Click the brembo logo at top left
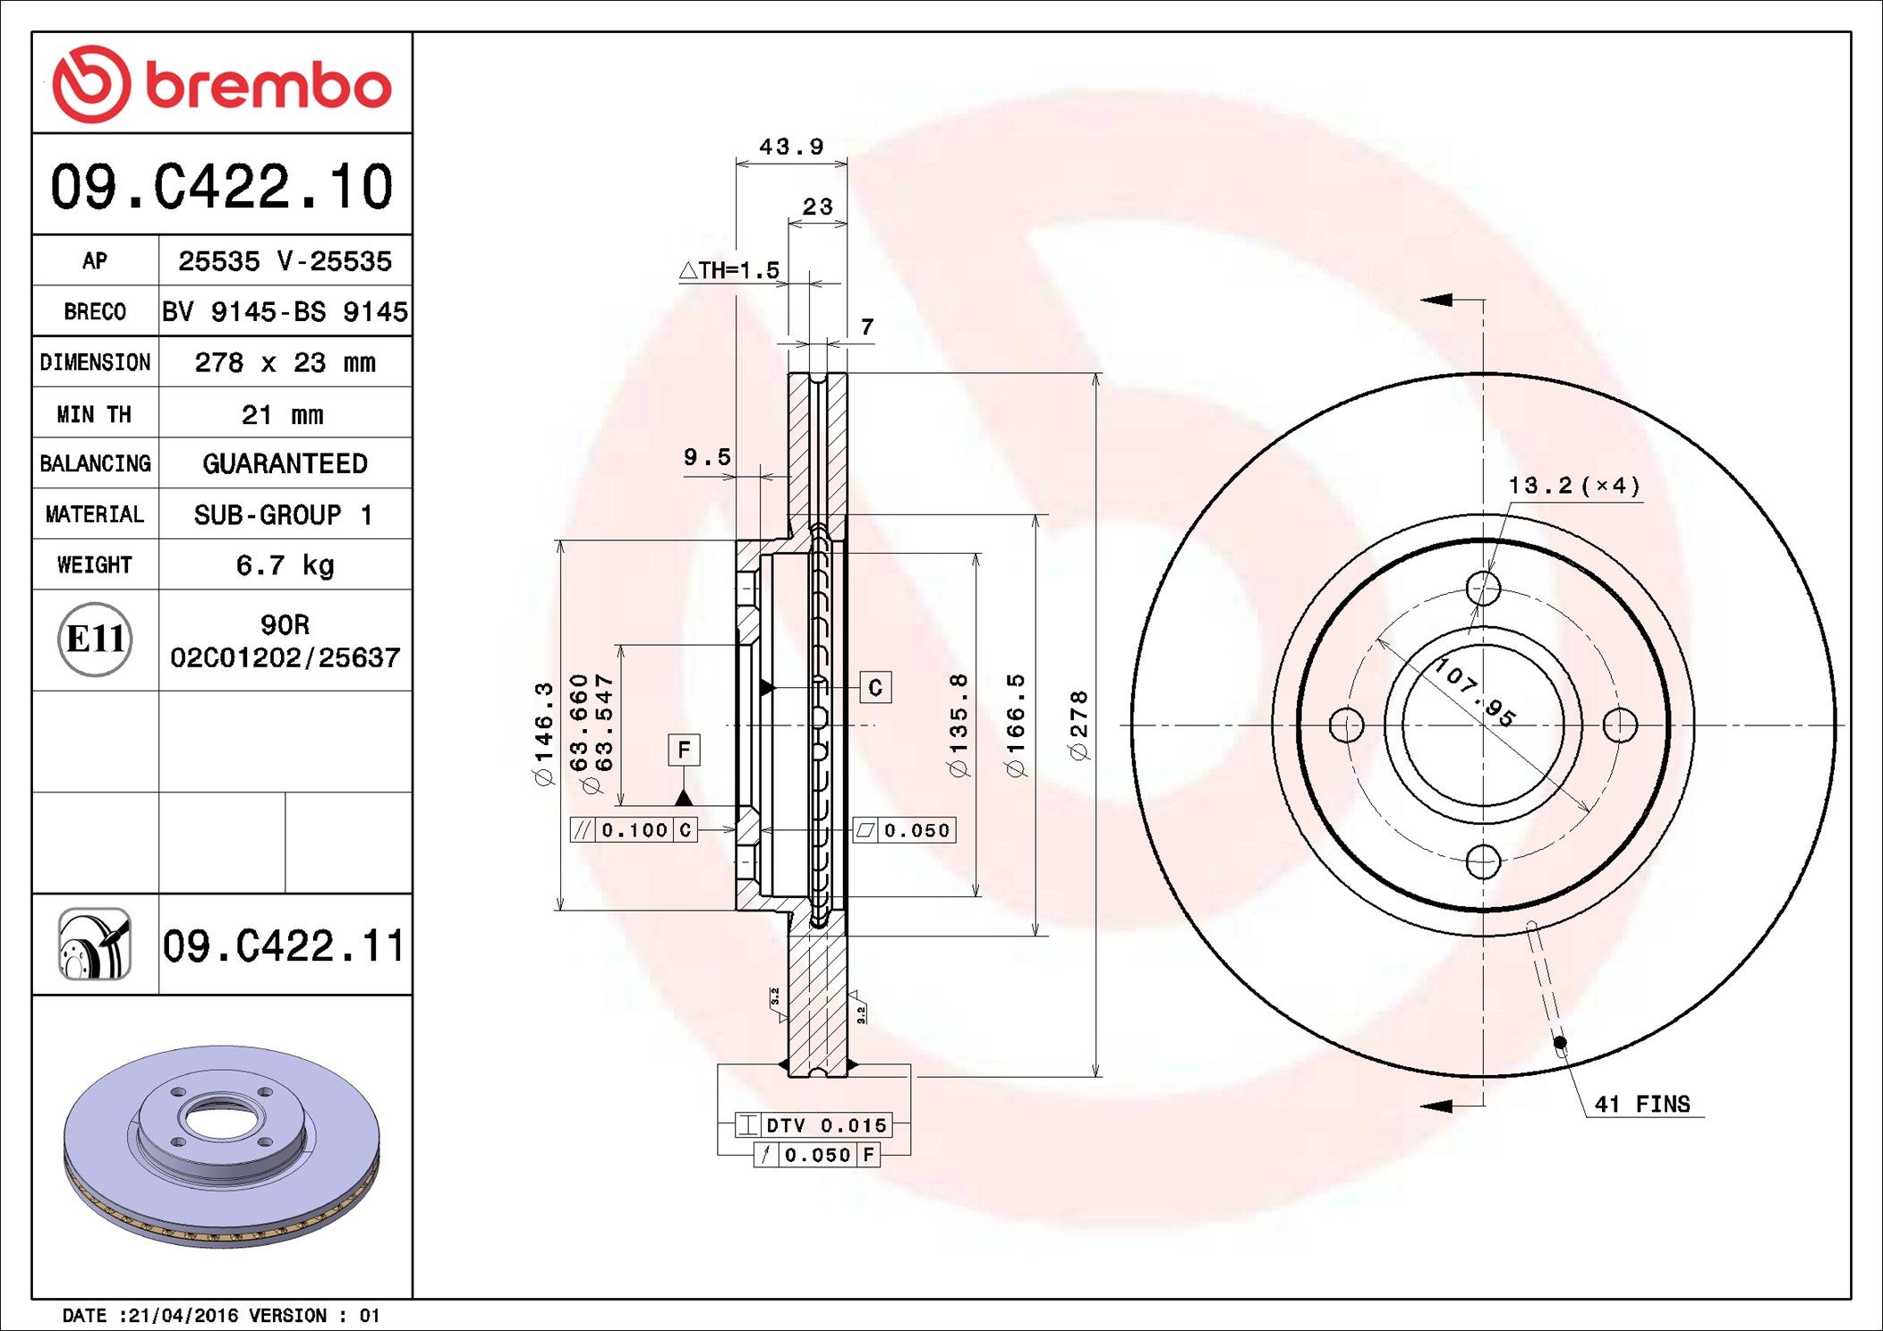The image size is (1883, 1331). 221,84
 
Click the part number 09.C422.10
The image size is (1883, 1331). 221,187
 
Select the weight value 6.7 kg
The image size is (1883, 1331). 285,565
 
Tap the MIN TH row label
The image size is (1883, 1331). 94,414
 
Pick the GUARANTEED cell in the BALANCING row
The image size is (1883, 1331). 285,463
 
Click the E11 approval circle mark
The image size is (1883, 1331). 95,640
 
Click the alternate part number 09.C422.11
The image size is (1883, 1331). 284,946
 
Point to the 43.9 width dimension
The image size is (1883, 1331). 791,147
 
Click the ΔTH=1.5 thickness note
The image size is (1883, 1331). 729,270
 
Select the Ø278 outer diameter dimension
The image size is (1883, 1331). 1079,725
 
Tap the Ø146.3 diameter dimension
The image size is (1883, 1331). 543,733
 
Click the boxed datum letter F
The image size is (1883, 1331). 684,750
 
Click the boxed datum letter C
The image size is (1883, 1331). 875,687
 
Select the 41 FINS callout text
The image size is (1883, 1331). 1642,1104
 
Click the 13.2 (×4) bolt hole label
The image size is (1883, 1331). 1574,486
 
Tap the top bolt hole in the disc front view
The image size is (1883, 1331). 1483,589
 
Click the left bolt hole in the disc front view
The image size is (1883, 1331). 1346,725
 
